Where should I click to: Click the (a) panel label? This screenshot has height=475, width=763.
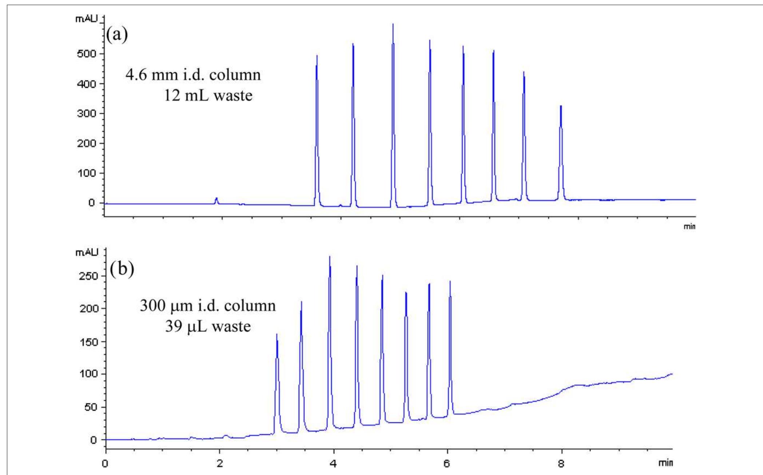[x=117, y=35]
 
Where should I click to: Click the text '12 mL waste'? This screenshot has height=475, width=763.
[x=208, y=96]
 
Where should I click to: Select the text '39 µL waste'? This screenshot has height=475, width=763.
[x=208, y=326]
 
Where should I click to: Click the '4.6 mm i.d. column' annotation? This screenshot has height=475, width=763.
[x=193, y=75]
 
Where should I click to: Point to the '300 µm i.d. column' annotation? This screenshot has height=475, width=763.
[x=208, y=306]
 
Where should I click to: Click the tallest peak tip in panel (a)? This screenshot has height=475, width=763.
[x=393, y=25]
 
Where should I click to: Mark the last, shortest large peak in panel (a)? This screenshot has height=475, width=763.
[x=561, y=106]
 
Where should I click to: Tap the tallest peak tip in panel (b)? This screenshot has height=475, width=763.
[x=329, y=257]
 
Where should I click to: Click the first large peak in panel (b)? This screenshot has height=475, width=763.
[x=277, y=335]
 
